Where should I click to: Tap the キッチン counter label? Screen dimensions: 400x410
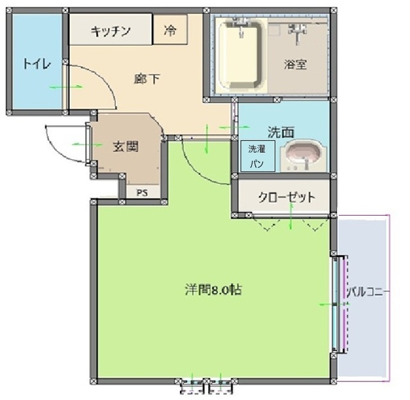[x=110, y=31]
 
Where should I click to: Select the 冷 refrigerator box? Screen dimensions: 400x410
[x=170, y=30]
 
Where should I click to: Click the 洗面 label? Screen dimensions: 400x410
[x=281, y=132]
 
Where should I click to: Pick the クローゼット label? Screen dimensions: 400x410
[x=286, y=196]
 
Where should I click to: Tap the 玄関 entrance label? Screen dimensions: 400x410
[x=126, y=146]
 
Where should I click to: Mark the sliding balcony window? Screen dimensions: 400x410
[x=340, y=303]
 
